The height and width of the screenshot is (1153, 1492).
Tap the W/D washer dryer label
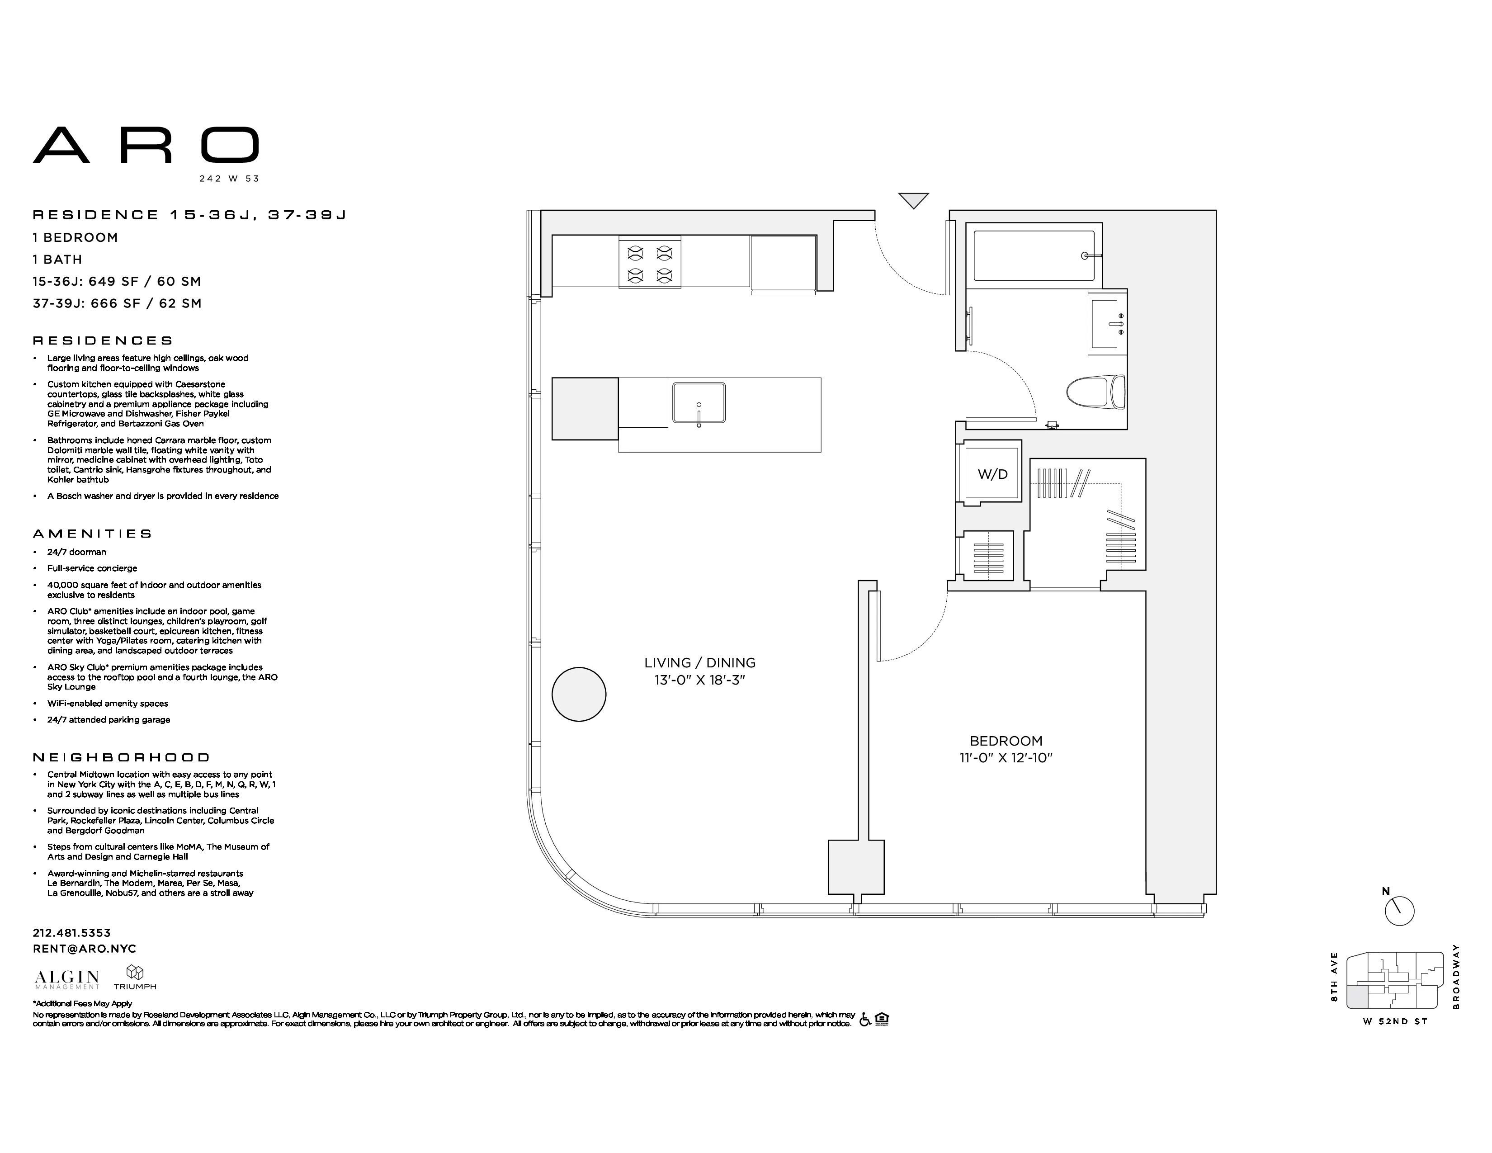click(992, 474)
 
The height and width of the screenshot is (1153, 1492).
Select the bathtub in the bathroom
click(1033, 256)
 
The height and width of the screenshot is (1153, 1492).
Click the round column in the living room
click(579, 694)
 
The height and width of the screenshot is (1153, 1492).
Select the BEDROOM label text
click(1006, 741)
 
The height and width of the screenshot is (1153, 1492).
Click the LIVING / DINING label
click(699, 662)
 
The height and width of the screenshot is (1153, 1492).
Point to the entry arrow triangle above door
click(913, 200)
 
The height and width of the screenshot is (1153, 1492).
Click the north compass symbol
click(1399, 911)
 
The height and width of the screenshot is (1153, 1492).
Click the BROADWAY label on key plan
click(1456, 977)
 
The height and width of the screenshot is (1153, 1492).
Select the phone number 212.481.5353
click(72, 932)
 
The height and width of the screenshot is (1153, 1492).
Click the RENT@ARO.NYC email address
click(84, 949)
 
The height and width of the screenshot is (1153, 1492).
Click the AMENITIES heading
click(92, 534)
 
